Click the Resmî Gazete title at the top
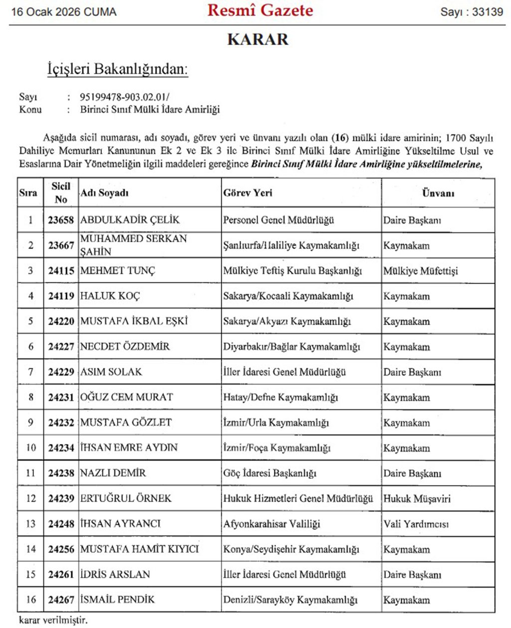(260, 10)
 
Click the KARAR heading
(257, 39)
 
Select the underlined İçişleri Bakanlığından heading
(117, 69)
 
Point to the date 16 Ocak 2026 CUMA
(64, 12)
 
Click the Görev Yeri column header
(248, 193)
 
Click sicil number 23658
(61, 220)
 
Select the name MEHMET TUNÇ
(118, 271)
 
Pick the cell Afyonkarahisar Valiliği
(271, 524)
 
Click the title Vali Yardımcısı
(416, 524)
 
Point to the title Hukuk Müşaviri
(415, 498)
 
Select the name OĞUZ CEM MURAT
(126, 397)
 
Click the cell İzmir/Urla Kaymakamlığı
(276, 422)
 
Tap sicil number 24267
(61, 600)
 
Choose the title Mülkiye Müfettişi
(420, 271)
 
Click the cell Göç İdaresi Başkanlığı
(269, 473)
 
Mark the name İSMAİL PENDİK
(117, 600)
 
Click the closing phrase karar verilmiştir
(53, 621)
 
